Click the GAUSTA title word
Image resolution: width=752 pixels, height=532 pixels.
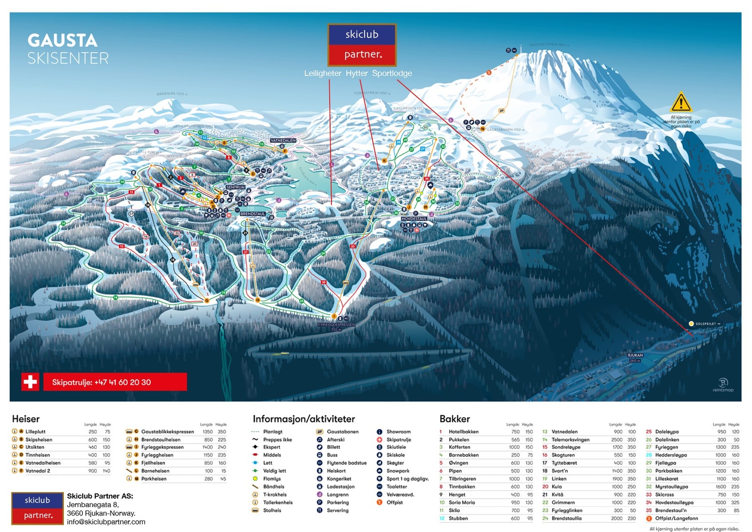pyautogui.click(x=63, y=40)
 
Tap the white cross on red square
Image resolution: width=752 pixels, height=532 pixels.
pyautogui.click(x=31, y=381)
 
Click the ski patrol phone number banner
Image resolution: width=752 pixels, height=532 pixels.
pyautogui.click(x=115, y=382)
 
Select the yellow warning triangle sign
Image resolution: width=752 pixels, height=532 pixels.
pyautogui.click(x=681, y=102)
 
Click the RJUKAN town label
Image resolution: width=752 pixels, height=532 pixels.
pyautogui.click(x=635, y=356)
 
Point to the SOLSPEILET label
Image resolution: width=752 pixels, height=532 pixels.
pyautogui.click(x=705, y=324)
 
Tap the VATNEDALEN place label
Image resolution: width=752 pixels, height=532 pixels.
pyautogui.click(x=283, y=141)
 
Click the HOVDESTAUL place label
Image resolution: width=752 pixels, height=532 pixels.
pyautogui.click(x=414, y=219)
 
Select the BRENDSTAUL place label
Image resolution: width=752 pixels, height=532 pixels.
pyautogui.click(x=253, y=214)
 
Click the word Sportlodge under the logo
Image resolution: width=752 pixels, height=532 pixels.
pyautogui.click(x=392, y=73)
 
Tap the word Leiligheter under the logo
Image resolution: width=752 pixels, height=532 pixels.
pyautogui.click(x=322, y=73)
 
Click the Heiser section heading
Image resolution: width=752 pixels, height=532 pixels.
pyautogui.click(x=26, y=419)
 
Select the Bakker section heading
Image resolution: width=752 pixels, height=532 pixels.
pyautogui.click(x=454, y=419)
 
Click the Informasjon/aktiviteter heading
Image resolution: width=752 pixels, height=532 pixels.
pyautogui.click(x=304, y=419)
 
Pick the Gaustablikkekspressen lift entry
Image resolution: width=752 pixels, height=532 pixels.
pyautogui.click(x=167, y=431)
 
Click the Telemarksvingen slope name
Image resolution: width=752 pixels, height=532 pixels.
pyautogui.click(x=570, y=439)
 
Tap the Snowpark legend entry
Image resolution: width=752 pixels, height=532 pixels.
pyautogui.click(x=398, y=471)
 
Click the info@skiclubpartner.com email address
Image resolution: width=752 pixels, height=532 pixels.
pyautogui.click(x=106, y=522)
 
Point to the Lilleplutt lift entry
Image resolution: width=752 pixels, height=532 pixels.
pyautogui.click(x=35, y=431)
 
